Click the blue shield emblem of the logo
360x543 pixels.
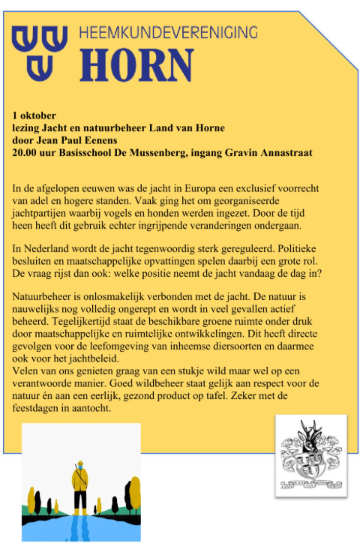click(39, 49)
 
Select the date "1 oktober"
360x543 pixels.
click(34, 116)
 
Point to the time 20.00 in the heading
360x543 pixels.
click(27, 152)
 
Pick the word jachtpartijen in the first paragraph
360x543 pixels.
click(42, 212)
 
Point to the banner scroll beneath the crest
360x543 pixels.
click(310, 480)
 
